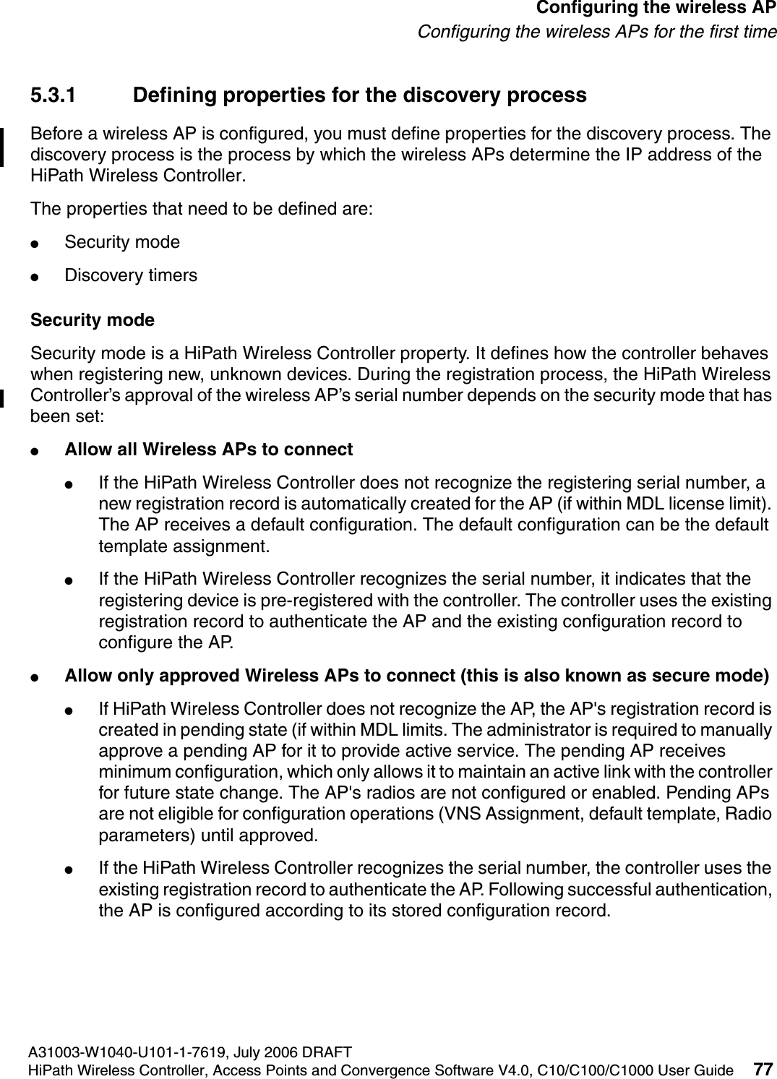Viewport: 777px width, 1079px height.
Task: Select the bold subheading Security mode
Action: (x=93, y=319)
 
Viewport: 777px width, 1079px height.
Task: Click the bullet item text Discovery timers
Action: (x=131, y=275)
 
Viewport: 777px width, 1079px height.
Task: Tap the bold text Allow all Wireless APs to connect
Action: (x=209, y=450)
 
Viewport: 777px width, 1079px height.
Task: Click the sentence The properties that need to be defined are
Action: (x=202, y=209)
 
